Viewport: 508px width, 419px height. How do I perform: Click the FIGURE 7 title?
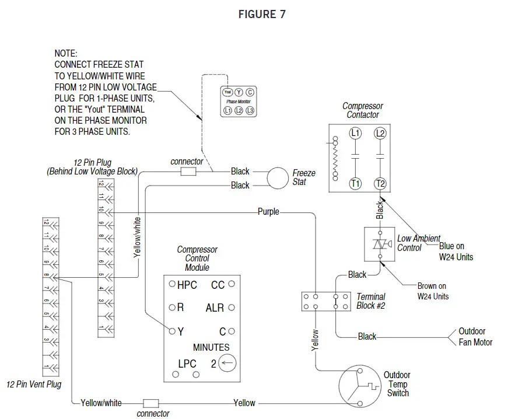click(x=262, y=15)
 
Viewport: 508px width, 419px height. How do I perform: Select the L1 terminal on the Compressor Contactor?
click(x=355, y=134)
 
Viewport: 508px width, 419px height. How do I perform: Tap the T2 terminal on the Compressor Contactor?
click(x=380, y=183)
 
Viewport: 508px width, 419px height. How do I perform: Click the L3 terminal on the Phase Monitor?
click(x=250, y=110)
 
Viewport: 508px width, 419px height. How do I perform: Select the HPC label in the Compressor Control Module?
click(x=187, y=285)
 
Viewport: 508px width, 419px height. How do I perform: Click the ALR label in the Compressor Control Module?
click(x=215, y=308)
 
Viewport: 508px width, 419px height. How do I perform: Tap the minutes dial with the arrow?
click(x=228, y=364)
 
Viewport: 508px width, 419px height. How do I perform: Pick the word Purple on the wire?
click(x=268, y=212)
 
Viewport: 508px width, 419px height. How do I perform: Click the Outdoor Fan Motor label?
click(x=475, y=337)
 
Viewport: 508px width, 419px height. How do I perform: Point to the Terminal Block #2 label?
click(x=371, y=301)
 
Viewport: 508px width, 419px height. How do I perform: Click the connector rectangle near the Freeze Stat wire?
click(x=188, y=172)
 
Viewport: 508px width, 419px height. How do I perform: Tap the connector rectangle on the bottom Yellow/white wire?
click(x=151, y=403)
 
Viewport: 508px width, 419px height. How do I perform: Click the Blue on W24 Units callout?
click(x=456, y=252)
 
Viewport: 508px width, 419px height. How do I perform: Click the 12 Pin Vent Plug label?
click(x=34, y=385)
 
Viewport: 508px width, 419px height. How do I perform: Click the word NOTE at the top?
click(x=66, y=53)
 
